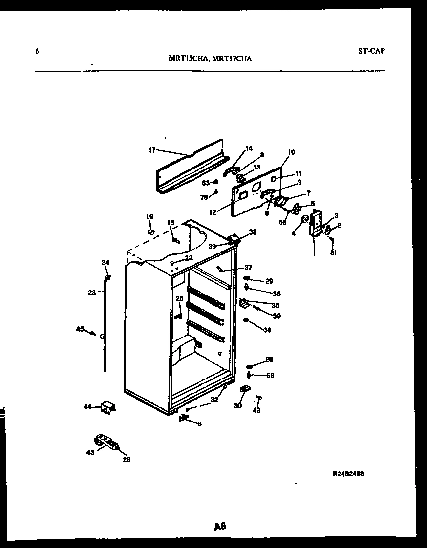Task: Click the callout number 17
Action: point(151,150)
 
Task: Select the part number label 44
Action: point(87,407)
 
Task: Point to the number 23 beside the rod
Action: point(91,293)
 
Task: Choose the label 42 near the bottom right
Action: point(256,410)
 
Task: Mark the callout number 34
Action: point(267,330)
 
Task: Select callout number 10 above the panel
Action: point(291,152)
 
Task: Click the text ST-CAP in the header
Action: point(371,50)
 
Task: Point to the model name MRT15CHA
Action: point(186,58)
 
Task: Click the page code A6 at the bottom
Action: point(220,527)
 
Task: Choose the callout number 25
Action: point(179,298)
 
